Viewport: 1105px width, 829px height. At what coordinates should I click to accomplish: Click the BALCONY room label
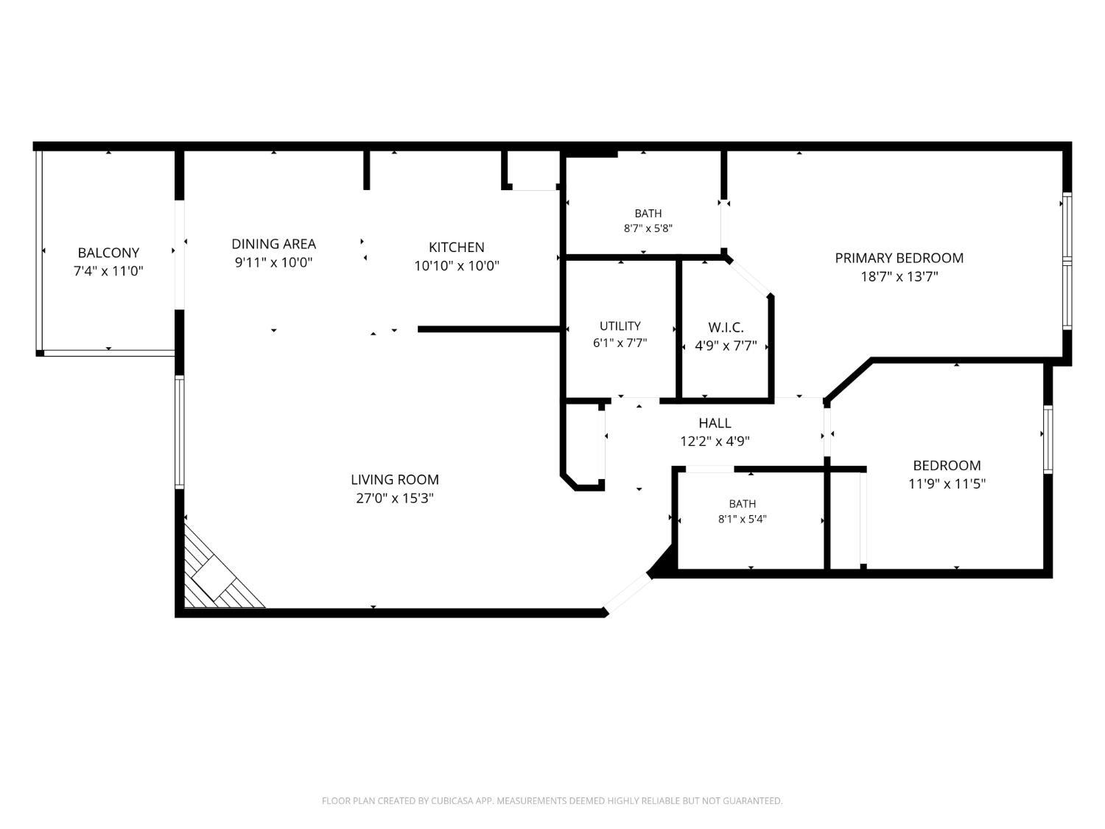(108, 252)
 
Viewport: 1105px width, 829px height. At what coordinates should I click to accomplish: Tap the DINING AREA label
(273, 244)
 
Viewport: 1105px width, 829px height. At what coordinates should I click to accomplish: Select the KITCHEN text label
(457, 247)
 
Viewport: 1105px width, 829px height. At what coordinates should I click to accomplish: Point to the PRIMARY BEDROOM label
(899, 258)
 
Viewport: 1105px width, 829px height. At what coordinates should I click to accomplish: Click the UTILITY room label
(620, 326)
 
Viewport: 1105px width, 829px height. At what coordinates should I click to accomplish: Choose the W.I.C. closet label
(726, 328)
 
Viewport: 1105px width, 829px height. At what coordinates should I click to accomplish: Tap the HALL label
(715, 423)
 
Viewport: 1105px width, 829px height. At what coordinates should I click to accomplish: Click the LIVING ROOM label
(395, 479)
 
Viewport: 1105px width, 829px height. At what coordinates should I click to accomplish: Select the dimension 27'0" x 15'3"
(395, 498)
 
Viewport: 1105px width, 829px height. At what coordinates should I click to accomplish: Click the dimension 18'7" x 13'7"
(899, 276)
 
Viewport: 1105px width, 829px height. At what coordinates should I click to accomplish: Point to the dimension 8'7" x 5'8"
(648, 228)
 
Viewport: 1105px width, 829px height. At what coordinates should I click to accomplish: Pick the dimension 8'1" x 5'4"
(742, 519)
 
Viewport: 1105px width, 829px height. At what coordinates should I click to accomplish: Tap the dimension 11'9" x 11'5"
(947, 483)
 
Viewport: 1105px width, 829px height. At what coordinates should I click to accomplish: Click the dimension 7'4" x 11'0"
(108, 270)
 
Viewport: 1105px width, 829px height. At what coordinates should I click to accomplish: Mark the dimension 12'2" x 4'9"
(715, 441)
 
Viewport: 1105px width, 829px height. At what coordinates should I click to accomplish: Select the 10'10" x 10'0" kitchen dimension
(457, 266)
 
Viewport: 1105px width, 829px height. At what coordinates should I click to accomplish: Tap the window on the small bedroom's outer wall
(1048, 439)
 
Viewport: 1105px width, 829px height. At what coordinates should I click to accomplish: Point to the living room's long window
(179, 432)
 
